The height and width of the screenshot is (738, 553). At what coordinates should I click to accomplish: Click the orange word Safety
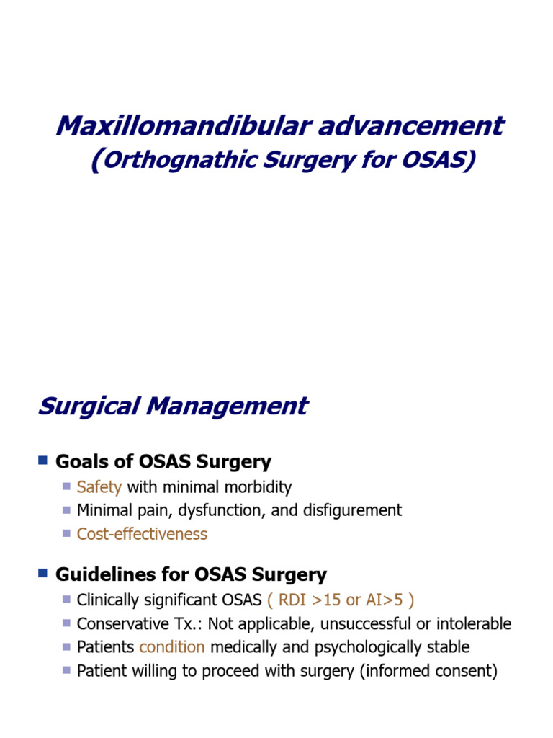pyautogui.click(x=99, y=487)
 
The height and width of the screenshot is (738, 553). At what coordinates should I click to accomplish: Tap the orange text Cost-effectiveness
pyautogui.click(x=142, y=535)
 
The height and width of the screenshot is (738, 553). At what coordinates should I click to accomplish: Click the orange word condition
pyautogui.click(x=172, y=648)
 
